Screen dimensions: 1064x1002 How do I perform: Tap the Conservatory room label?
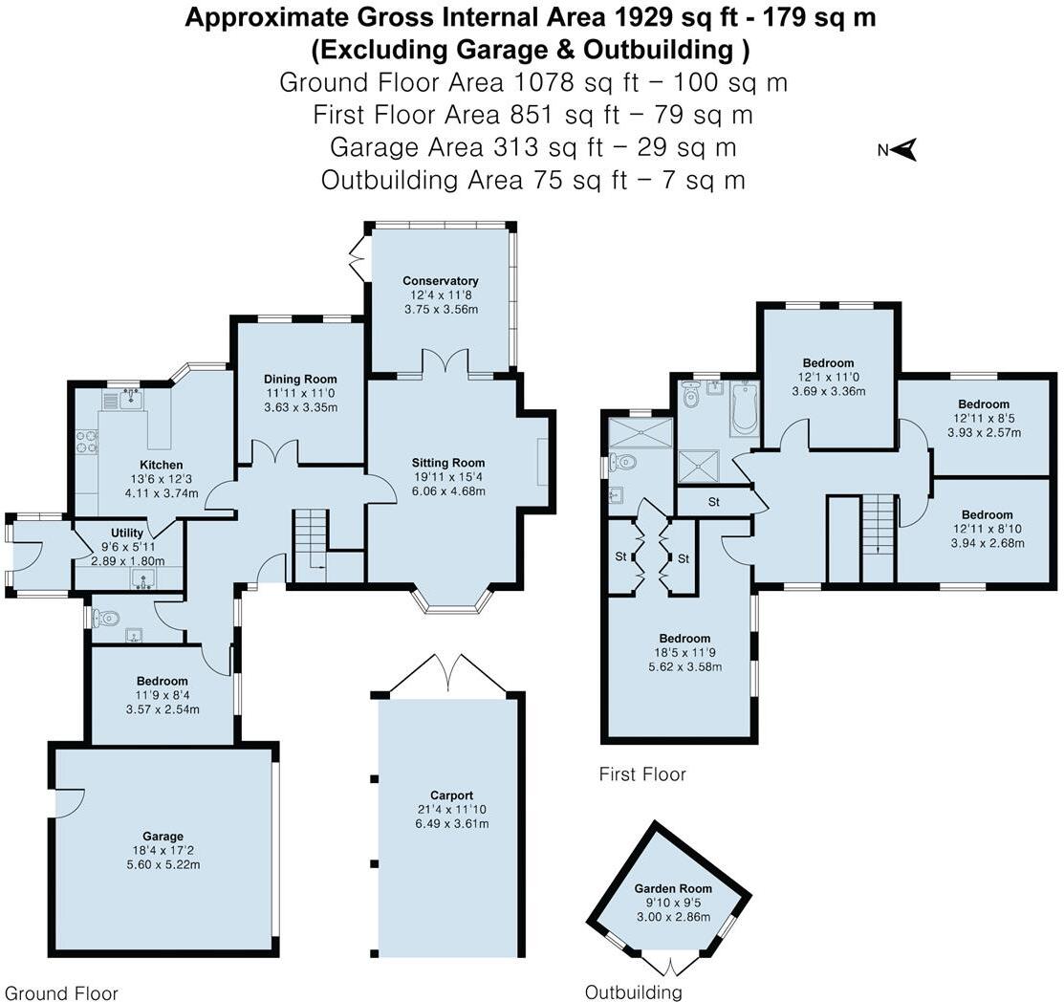441,281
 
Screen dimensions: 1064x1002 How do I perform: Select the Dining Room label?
300,380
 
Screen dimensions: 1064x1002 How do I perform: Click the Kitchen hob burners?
86,442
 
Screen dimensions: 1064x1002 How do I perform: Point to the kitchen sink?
131,399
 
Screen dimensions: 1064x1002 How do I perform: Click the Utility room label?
127,533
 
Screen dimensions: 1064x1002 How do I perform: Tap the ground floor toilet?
106,618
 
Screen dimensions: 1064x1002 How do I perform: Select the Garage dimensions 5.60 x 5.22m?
163,865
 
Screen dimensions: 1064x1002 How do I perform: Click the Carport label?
451,795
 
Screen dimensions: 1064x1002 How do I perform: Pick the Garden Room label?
673,888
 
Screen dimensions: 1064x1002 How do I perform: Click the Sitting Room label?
447,463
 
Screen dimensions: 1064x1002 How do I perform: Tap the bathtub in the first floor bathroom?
745,408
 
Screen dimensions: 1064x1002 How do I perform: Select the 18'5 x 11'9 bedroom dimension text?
684,653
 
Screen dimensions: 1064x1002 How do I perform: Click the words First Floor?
642,774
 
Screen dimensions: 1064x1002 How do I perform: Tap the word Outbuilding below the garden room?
633,992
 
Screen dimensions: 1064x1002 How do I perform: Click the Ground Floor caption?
61,993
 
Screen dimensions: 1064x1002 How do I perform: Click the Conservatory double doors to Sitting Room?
445,361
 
